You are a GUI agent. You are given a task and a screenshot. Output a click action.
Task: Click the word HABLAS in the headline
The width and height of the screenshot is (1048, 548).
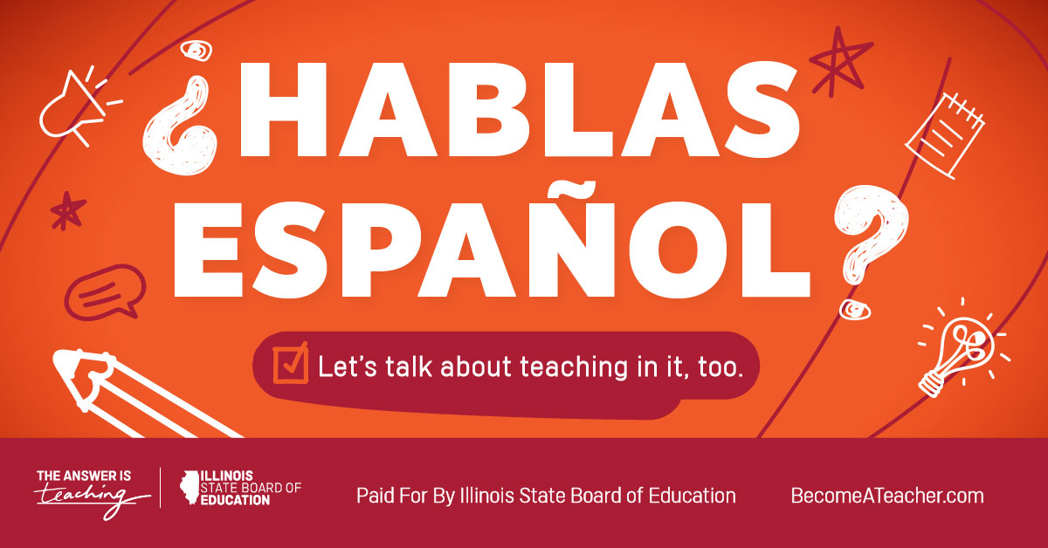pos(520,110)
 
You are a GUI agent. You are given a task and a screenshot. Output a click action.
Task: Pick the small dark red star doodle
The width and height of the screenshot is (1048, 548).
pos(68,210)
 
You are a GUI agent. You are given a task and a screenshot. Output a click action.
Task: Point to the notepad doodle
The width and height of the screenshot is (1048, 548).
pos(945,135)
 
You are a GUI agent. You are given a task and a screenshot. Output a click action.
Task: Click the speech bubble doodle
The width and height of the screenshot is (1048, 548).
pos(105,292)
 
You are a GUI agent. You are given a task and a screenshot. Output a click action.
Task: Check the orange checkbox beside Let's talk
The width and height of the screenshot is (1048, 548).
pos(291,363)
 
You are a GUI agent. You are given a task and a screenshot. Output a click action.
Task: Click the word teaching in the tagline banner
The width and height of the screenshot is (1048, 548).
pos(574,367)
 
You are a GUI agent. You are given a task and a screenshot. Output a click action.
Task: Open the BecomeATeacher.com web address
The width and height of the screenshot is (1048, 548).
pos(887,496)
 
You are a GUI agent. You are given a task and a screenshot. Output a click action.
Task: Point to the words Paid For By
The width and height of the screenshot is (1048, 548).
pos(405,497)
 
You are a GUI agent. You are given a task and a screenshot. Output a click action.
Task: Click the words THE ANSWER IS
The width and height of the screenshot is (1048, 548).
pos(84,476)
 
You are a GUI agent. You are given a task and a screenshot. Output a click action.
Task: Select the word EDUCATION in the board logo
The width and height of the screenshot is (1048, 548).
pos(235,500)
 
